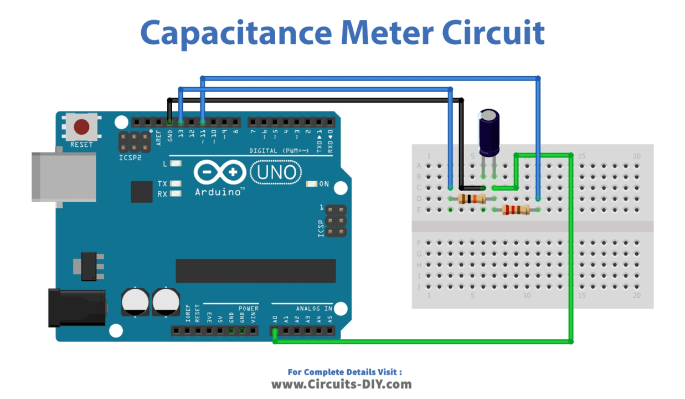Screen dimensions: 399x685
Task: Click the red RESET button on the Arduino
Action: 82,127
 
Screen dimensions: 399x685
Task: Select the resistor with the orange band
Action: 472,199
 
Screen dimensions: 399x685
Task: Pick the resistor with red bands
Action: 515,209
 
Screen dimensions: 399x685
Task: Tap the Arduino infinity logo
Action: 219,172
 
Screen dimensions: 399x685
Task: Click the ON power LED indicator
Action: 311,184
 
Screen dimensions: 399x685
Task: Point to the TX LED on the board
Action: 176,183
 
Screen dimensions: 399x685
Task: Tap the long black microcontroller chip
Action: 255,270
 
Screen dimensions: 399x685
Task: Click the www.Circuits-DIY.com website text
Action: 341,384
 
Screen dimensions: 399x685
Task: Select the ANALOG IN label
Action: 314,308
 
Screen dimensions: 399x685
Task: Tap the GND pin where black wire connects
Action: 169,121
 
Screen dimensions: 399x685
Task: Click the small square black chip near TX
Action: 141,191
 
